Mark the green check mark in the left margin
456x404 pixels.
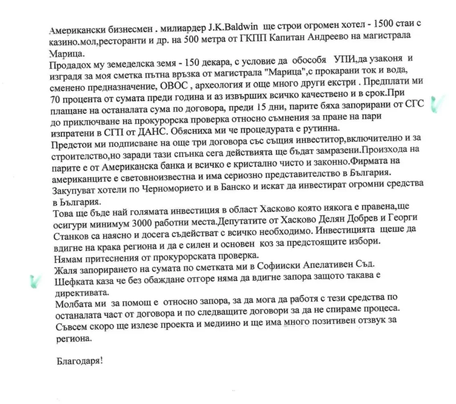(x=33, y=282)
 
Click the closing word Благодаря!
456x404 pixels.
(x=79, y=360)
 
